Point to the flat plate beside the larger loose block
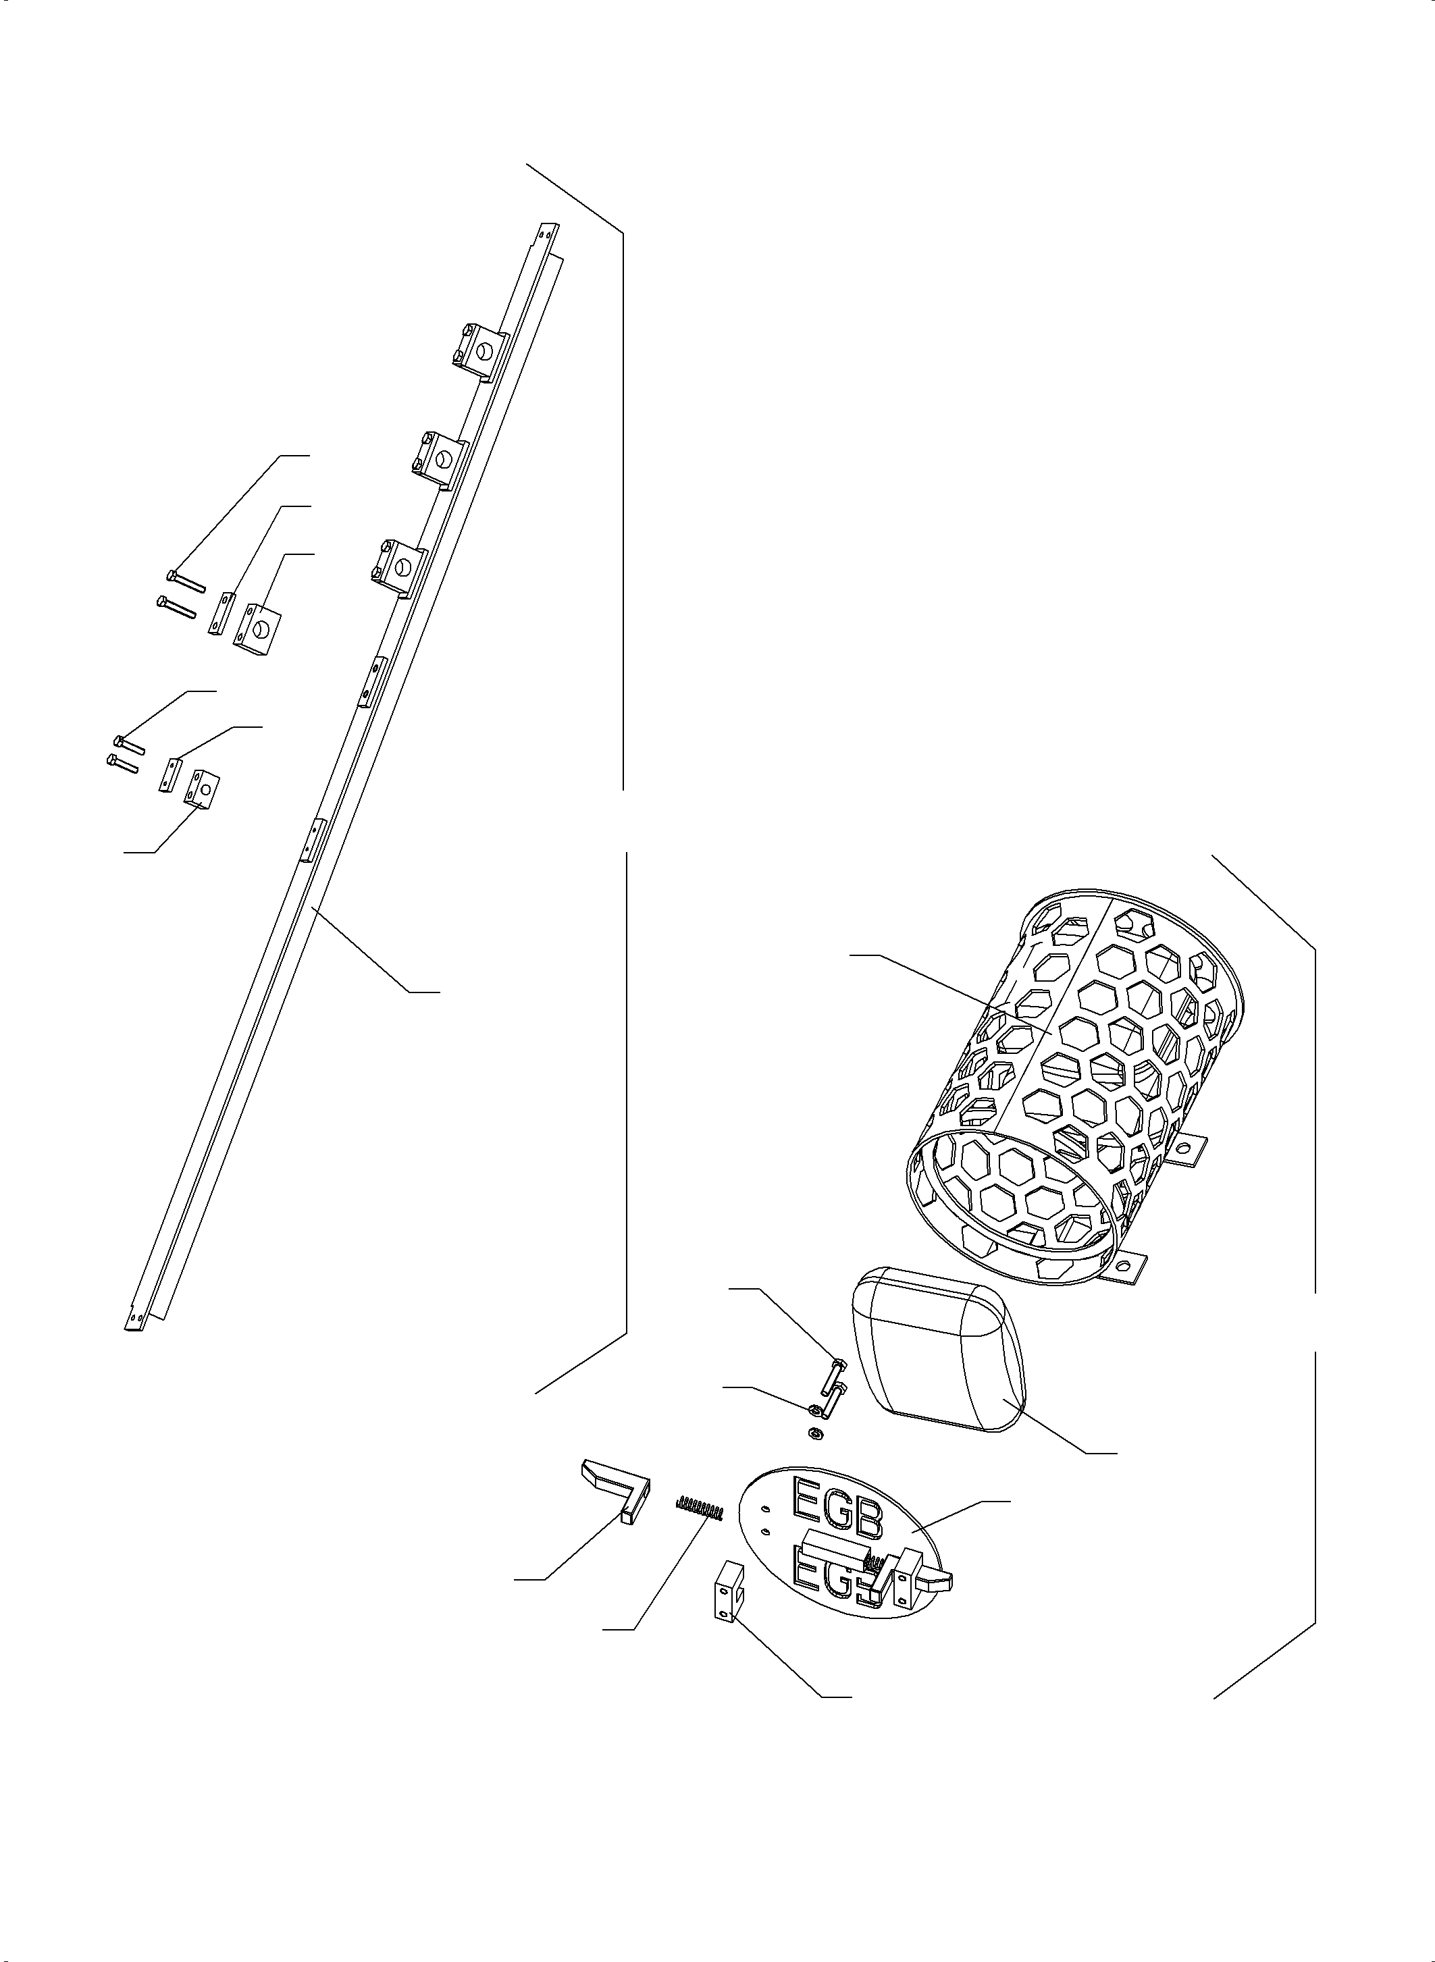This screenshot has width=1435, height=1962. coord(222,613)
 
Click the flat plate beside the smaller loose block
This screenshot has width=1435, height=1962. coord(169,774)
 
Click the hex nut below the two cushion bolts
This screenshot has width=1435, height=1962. coord(816,1431)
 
